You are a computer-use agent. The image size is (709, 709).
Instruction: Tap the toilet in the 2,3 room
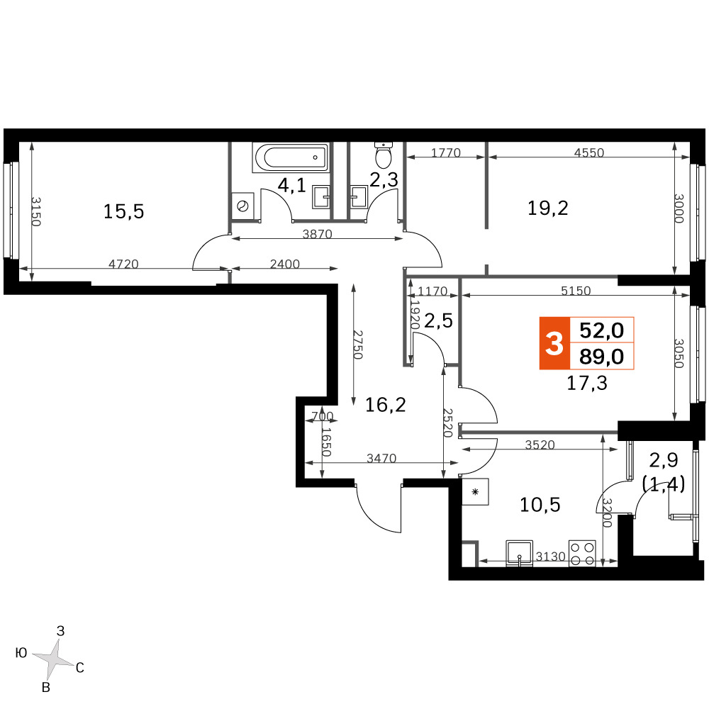click(384, 154)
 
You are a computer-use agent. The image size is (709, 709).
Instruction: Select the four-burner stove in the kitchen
click(582, 554)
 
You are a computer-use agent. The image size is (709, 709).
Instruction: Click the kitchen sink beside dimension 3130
click(520, 554)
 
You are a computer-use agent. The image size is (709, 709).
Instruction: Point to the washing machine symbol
click(242, 206)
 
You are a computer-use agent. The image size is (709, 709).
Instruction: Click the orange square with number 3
click(554, 344)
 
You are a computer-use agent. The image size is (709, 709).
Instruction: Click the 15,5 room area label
click(123, 211)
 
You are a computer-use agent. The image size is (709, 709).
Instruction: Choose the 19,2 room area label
click(547, 208)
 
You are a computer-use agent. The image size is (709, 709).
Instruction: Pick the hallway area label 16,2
click(385, 405)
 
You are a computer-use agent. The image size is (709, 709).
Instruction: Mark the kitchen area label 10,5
click(540, 504)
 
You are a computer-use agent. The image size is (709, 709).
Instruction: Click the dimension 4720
click(123, 264)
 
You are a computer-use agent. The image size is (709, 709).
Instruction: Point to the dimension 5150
click(576, 290)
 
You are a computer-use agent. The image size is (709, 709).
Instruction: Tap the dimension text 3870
click(317, 234)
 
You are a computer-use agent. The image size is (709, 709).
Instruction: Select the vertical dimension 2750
click(358, 345)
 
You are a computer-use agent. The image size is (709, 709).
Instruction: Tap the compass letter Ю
click(21, 653)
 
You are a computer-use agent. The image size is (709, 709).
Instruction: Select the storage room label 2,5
click(438, 320)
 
